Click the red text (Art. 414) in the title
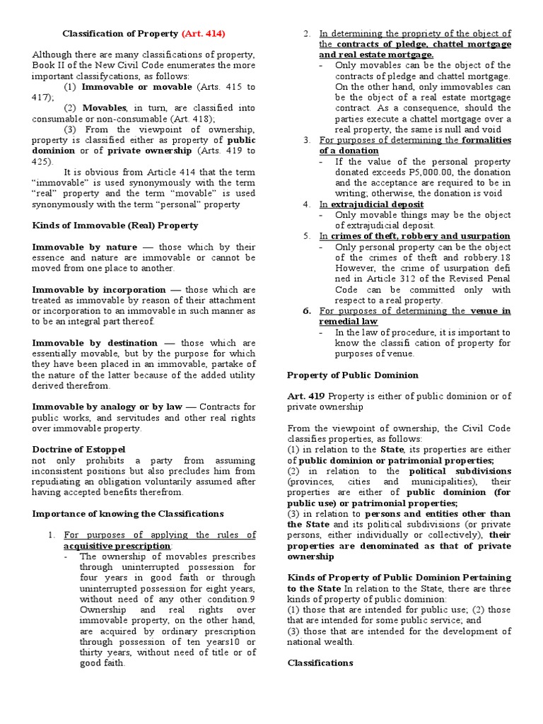tap(204, 33)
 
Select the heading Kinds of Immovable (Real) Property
tap(115, 225)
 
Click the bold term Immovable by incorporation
tap(99, 289)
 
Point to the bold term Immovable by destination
tap(95, 343)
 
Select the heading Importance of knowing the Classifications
tap(128, 513)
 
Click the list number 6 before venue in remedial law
tap(307, 310)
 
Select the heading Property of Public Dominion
tap(352, 375)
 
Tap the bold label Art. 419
tap(305, 396)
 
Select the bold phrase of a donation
tap(349, 151)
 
